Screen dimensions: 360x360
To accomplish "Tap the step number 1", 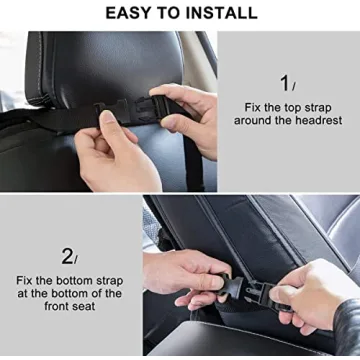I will (285, 83).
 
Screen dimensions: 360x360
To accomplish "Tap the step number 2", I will (67, 255).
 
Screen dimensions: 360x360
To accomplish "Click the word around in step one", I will (256, 120).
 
